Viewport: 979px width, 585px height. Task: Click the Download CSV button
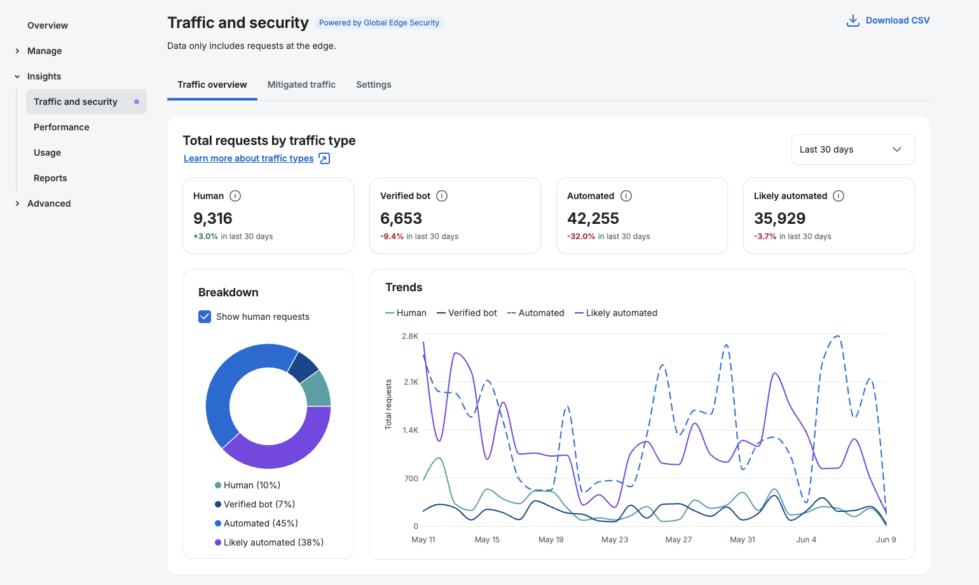point(887,20)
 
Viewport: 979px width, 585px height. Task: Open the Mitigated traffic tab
point(301,85)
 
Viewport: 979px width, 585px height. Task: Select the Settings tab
point(373,85)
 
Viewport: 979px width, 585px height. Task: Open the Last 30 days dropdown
point(852,149)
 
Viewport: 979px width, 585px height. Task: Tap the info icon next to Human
point(235,196)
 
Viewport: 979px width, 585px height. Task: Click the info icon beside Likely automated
point(839,196)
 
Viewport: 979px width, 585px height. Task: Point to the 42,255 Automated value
point(592,218)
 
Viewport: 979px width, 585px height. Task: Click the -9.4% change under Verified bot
point(392,236)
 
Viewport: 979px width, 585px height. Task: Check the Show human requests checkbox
point(205,317)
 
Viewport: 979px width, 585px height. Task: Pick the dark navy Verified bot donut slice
point(303,366)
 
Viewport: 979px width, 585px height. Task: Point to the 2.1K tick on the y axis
point(411,382)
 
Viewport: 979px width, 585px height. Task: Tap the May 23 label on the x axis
point(615,539)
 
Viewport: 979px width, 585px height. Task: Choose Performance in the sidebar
point(61,127)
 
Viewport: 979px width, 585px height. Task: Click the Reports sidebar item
point(50,178)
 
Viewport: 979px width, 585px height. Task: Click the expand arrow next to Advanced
point(18,203)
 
